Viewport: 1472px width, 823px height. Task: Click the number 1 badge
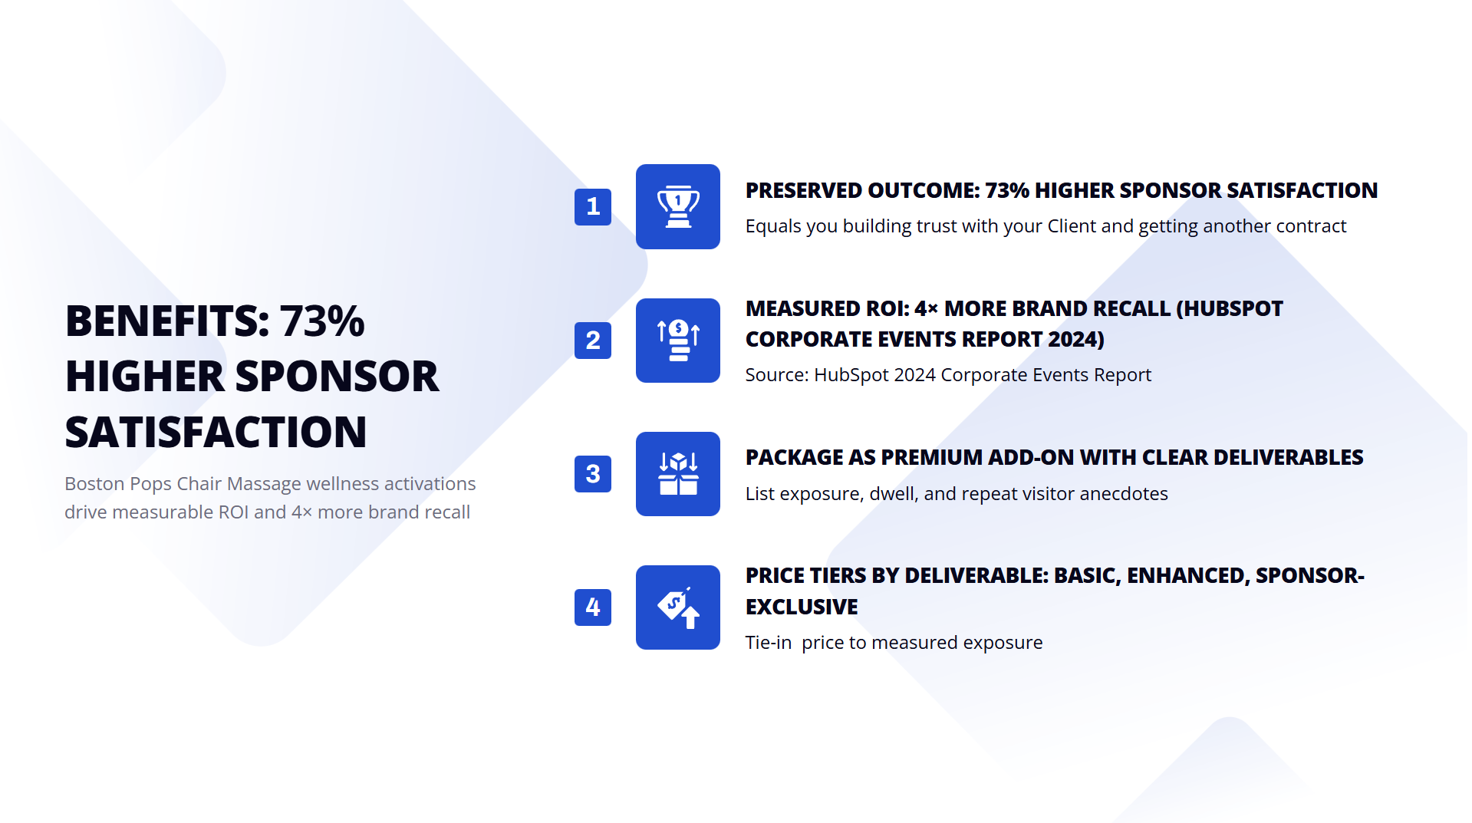[x=592, y=206]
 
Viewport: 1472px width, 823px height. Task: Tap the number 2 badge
[x=592, y=340]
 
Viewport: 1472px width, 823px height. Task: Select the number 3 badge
[x=592, y=473]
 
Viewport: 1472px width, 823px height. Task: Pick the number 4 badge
[x=592, y=607]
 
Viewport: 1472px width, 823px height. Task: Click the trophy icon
[x=677, y=206]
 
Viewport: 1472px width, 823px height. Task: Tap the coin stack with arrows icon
[x=677, y=340]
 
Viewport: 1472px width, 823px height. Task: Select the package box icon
[x=677, y=473]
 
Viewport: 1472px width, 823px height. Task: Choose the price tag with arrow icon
[x=677, y=607]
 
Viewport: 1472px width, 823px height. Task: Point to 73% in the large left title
[x=322, y=321]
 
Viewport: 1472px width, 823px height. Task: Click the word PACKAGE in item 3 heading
[x=793, y=457]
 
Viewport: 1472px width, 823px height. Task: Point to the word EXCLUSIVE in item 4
[x=802, y=607]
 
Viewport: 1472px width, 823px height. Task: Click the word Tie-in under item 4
[x=769, y=643]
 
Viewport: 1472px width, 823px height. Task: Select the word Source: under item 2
[x=776, y=375]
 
